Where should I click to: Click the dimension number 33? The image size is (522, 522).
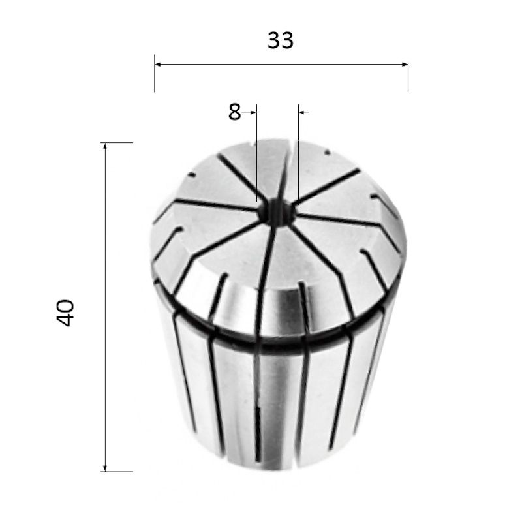pos(281,40)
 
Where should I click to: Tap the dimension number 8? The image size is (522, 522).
pos(234,112)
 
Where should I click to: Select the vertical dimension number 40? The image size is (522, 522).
pos(65,313)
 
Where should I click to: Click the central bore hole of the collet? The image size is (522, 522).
pos(276,213)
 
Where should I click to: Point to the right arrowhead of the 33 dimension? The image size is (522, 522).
pos(404,64)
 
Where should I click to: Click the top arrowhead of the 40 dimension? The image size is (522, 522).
pos(105,146)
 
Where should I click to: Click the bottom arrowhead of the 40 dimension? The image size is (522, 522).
pos(105,468)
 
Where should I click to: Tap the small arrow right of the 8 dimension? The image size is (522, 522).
pos(304,112)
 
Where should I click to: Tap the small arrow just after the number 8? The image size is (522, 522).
pos(249,112)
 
